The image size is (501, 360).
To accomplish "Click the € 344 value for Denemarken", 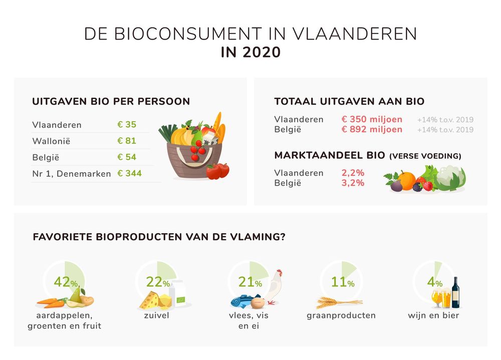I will pos(129,173).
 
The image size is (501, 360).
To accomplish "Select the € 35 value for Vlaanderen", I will pos(127,125).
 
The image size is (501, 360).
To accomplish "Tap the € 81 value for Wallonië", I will pos(127,141).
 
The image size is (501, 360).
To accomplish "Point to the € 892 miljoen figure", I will pos(372,129).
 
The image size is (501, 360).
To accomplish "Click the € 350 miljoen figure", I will pos(372,119).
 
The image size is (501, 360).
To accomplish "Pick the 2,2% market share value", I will pos(353,173).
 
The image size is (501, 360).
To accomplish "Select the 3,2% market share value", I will pos(353,183).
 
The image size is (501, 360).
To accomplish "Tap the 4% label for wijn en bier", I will pos(434,282).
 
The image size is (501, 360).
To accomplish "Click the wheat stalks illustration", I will pos(339,302).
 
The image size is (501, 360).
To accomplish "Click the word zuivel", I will pos(156,315).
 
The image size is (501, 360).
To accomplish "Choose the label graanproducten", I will pos(341,315).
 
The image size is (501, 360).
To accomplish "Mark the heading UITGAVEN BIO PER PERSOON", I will pos(111,102).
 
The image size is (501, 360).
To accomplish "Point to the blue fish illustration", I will pos(242,301).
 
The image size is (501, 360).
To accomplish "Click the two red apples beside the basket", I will pos(218,171).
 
